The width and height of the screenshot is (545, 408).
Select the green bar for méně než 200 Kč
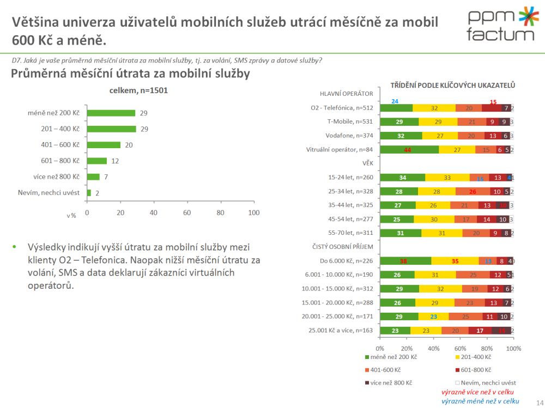111,113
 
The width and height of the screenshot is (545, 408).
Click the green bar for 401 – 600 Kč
104,145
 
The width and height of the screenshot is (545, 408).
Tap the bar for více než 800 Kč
93,176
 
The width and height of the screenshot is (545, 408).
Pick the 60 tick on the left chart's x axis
187,212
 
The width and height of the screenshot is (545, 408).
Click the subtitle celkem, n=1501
138,90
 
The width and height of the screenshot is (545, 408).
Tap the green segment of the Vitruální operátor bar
409,150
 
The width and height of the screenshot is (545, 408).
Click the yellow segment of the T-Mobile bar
438,121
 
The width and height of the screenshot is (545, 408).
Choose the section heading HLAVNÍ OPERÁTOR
346,94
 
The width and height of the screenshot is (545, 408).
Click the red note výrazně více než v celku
477,392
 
